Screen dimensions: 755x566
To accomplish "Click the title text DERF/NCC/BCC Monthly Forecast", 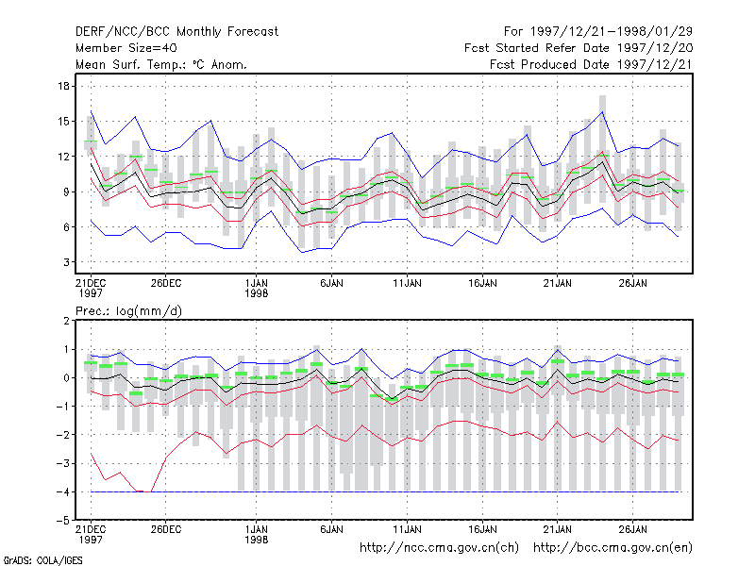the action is [x=176, y=32].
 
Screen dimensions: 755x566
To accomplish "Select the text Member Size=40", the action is [x=126, y=48].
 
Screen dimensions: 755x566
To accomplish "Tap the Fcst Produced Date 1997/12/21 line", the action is [x=591, y=64].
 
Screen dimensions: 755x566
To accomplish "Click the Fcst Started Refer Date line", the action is [x=579, y=48].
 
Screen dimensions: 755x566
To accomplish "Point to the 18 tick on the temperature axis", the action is [x=63, y=86].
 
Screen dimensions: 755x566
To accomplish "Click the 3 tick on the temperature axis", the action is [x=66, y=262].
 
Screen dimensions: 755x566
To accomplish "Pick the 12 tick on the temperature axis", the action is [x=63, y=157].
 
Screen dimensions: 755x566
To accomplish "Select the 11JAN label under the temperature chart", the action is [x=407, y=283].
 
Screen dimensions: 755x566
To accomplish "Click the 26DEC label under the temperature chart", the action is [x=166, y=283].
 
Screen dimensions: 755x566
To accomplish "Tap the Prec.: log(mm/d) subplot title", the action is [x=128, y=311].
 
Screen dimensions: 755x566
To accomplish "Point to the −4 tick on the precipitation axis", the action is [x=63, y=491].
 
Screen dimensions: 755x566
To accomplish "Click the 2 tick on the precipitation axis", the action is [x=66, y=321].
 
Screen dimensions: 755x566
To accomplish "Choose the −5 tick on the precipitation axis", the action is [x=63, y=521].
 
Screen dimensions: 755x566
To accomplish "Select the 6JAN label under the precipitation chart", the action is [x=332, y=529].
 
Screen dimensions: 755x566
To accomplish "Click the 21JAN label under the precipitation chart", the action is [x=558, y=529].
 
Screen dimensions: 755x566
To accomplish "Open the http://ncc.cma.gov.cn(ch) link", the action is [x=439, y=548].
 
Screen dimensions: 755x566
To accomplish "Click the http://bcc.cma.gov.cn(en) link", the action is [x=612, y=548].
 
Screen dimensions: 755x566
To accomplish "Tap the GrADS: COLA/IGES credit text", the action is [x=42, y=560].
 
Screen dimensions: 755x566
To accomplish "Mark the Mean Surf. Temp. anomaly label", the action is [x=161, y=64].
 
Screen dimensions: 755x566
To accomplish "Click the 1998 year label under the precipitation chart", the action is [x=256, y=540].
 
